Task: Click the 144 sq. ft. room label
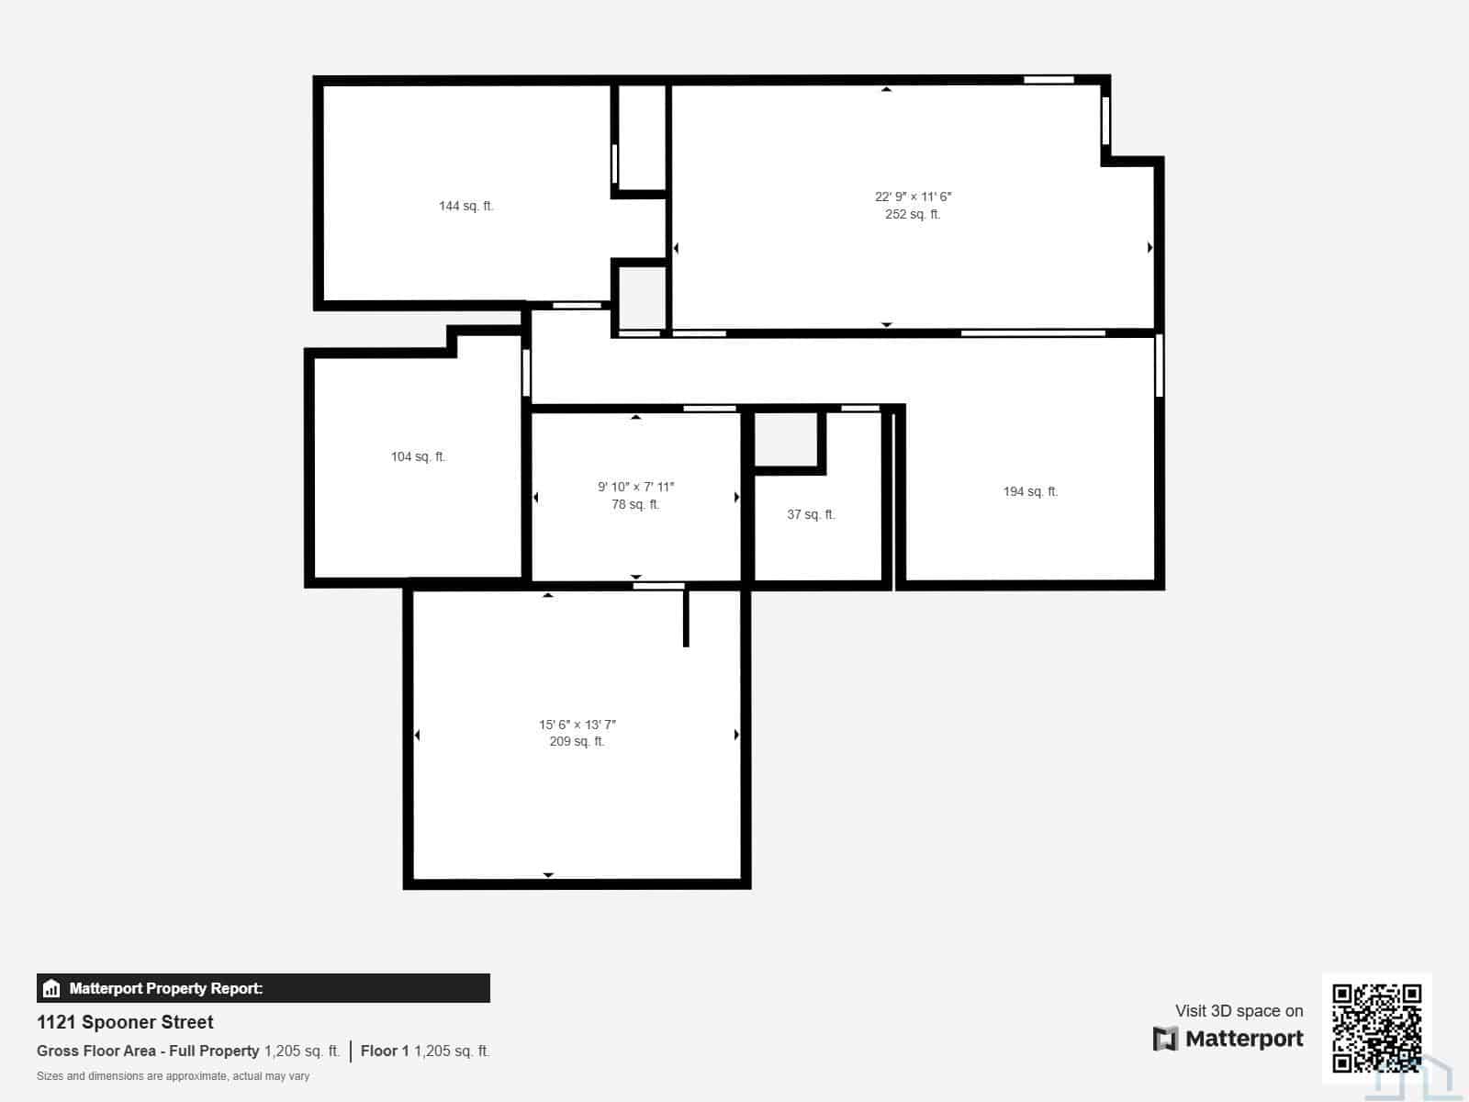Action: tap(465, 206)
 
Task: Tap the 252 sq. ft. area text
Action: tap(913, 214)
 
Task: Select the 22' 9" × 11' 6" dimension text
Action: tap(913, 197)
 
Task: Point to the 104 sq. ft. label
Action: tap(419, 457)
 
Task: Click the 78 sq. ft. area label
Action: tap(635, 504)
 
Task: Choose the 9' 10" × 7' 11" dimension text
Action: tap(635, 487)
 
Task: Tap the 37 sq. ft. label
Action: tap(811, 514)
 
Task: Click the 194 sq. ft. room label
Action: tap(1030, 492)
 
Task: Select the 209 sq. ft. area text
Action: tap(577, 741)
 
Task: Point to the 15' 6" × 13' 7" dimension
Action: tap(577, 725)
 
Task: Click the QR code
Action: tap(1376, 1028)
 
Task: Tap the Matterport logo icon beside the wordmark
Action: tap(1165, 1040)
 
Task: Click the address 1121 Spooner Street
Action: tap(125, 1022)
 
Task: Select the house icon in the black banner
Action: tap(51, 988)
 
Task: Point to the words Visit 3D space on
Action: tap(1239, 1011)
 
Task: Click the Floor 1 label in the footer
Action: tap(385, 1051)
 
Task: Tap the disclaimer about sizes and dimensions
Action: tap(173, 1076)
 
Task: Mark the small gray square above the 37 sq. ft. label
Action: tap(786, 440)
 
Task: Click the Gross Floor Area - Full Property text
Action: tap(148, 1051)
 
